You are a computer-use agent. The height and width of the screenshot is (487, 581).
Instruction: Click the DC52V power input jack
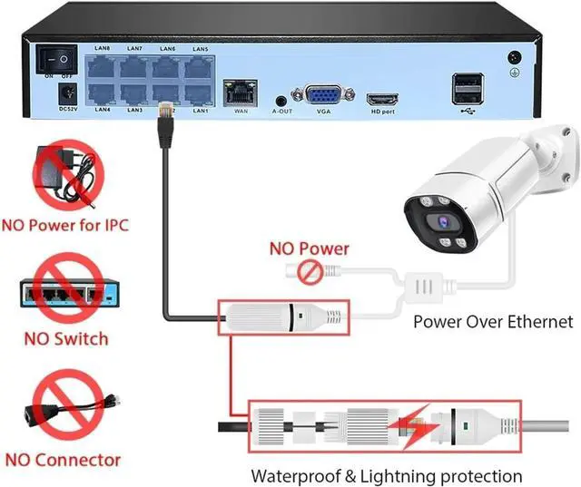(65, 93)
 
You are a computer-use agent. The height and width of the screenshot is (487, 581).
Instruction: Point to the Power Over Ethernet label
(493, 321)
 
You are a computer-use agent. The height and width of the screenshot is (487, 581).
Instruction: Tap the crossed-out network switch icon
(69, 290)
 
